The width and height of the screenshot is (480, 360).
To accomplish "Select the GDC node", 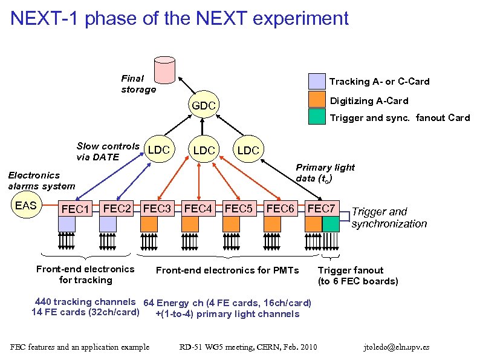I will [204, 106].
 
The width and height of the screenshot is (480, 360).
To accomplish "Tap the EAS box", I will [26, 206].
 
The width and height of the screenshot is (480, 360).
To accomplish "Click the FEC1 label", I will [76, 210].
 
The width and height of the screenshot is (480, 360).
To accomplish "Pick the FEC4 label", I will [198, 209].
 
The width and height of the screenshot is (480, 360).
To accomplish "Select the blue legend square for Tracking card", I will [317, 81].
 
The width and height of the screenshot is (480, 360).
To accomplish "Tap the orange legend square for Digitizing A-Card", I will [317, 99].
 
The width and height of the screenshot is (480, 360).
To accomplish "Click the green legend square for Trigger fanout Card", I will [317, 117].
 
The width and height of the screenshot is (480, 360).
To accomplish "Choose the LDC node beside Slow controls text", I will [158, 149].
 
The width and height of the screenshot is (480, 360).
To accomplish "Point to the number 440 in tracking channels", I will [43, 301].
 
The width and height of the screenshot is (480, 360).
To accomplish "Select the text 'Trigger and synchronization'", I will [389, 218].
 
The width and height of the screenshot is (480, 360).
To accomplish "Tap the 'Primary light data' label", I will [325, 172].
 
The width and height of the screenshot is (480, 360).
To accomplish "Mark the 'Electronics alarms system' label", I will [41, 181].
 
